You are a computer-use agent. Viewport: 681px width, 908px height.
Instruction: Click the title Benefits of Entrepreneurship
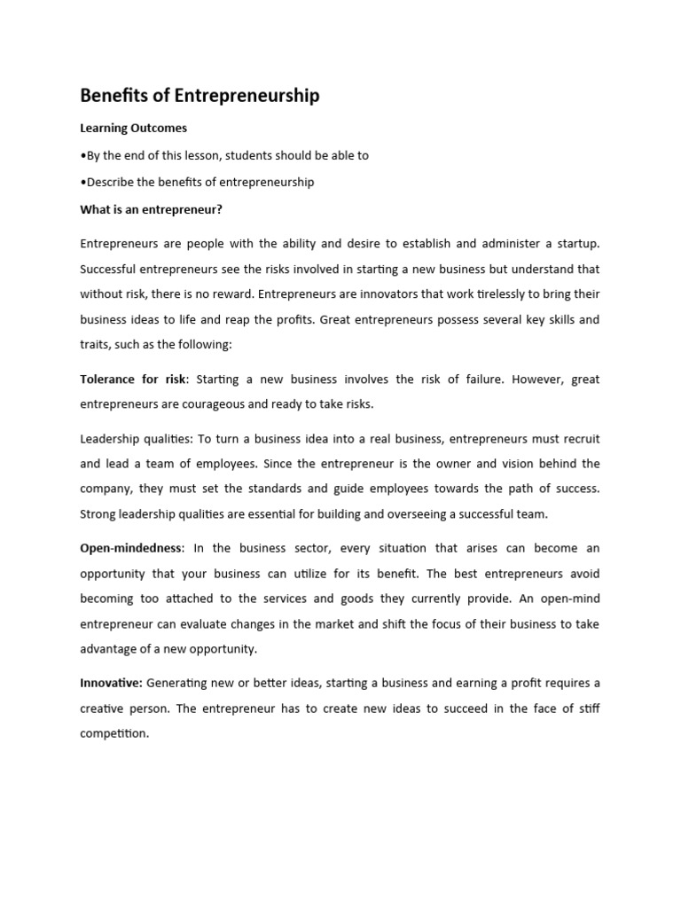(x=200, y=96)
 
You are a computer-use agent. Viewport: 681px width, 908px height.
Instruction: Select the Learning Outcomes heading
(x=134, y=128)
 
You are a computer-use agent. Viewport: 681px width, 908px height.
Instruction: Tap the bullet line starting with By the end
(x=224, y=155)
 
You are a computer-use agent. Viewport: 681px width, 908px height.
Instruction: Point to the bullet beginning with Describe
(x=197, y=182)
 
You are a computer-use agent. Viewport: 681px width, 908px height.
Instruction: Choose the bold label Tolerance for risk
(x=133, y=379)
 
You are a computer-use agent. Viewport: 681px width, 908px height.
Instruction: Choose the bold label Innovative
(x=111, y=683)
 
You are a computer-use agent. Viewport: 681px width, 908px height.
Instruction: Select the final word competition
(x=114, y=733)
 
